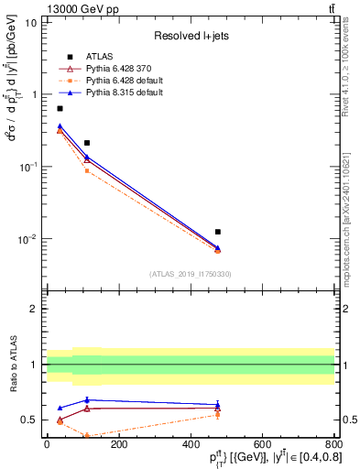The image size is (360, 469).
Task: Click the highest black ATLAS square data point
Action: [x=60, y=108]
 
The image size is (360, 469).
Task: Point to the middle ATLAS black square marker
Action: [x=87, y=143]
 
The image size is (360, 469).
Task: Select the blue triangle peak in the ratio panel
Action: [x=87, y=399]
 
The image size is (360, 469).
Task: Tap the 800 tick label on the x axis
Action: [x=333, y=442]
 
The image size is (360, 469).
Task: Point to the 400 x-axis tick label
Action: [x=190, y=442]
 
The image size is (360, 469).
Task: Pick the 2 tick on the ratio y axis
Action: [x=34, y=309]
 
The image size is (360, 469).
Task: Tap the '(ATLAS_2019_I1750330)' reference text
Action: [x=190, y=274]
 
